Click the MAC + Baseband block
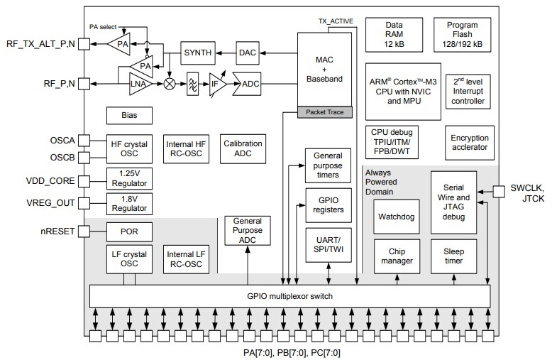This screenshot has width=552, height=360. [324, 70]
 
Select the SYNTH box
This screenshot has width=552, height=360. [198, 54]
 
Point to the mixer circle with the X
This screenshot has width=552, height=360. [170, 84]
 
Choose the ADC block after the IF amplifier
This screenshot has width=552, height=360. [250, 84]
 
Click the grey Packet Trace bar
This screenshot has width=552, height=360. [324, 112]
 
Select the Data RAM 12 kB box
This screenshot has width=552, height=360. [394, 36]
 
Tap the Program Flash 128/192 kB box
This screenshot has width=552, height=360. [462, 36]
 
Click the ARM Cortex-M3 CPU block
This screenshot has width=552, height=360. [402, 92]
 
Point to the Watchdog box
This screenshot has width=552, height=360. [396, 216]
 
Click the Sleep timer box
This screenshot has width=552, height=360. [453, 256]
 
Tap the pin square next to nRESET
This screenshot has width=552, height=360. [84, 231]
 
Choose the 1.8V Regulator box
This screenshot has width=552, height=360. [128, 203]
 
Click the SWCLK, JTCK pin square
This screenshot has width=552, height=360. [497, 191]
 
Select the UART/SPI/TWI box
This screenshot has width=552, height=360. [328, 244]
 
